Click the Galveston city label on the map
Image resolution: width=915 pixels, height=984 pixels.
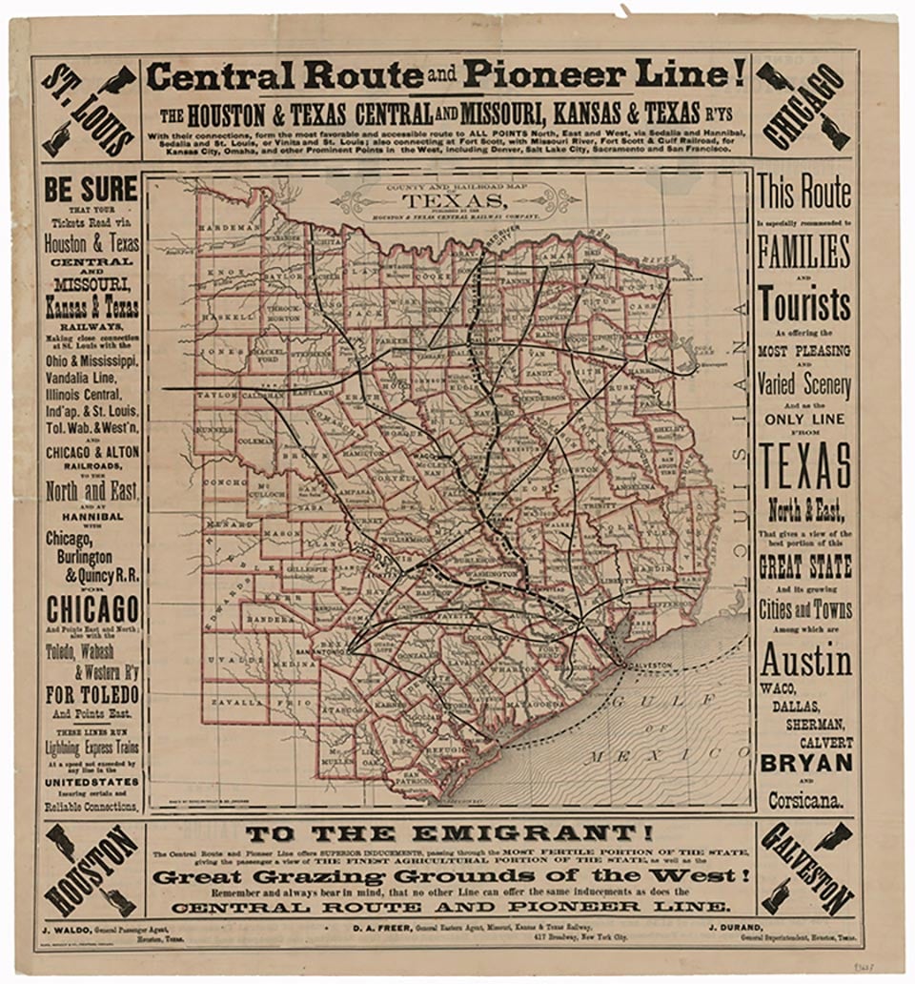pos(643,665)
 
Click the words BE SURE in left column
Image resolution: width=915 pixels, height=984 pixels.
pos(91,189)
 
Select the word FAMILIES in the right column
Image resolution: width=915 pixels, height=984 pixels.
pos(803,252)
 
